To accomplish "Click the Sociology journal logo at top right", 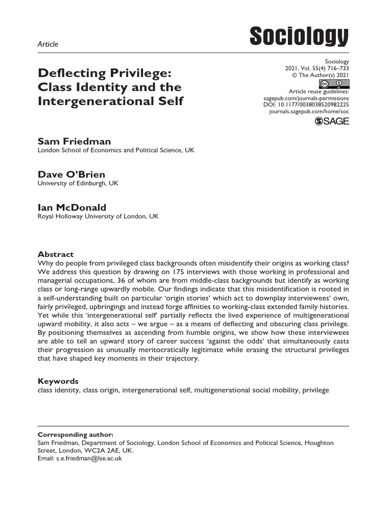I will tap(299, 37).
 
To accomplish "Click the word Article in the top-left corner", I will tap(48, 44).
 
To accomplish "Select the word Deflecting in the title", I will tap(68, 73).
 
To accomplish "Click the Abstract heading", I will tap(56, 254).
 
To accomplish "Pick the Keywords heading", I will tap(58, 381).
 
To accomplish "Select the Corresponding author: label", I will tap(76, 435).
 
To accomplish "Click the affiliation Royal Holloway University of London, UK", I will tap(98, 216).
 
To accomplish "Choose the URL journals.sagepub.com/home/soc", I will tap(309, 111).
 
